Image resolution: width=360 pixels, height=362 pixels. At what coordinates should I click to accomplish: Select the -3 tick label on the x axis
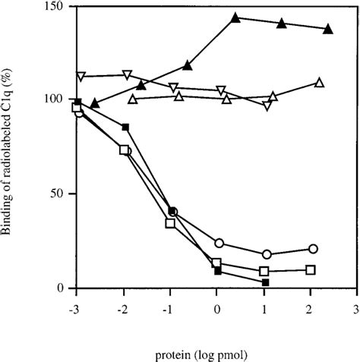(x=74, y=310)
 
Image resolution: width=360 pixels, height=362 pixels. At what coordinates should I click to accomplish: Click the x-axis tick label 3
(x=356, y=310)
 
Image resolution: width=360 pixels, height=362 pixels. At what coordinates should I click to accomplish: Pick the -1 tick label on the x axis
(x=168, y=310)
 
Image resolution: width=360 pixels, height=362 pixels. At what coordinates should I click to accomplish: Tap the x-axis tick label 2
(x=309, y=310)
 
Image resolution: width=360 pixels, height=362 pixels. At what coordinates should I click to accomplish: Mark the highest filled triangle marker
(x=235, y=17)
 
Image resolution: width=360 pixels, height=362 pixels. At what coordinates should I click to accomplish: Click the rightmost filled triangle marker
(x=328, y=29)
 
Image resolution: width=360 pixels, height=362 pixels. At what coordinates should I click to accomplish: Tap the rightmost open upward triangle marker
(x=319, y=82)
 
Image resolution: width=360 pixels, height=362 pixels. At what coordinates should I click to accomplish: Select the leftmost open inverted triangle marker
(x=81, y=77)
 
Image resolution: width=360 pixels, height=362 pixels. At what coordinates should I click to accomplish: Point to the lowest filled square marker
(x=265, y=282)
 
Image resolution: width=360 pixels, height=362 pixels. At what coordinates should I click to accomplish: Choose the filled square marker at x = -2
(x=125, y=127)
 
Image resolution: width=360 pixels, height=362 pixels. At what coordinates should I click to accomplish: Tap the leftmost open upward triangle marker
(x=133, y=99)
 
